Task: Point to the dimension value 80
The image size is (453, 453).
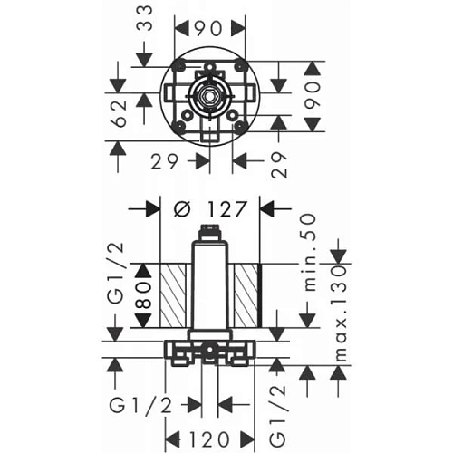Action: pos(142,296)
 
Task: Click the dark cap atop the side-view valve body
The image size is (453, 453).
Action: pos(209,235)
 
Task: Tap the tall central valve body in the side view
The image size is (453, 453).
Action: pos(209,290)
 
